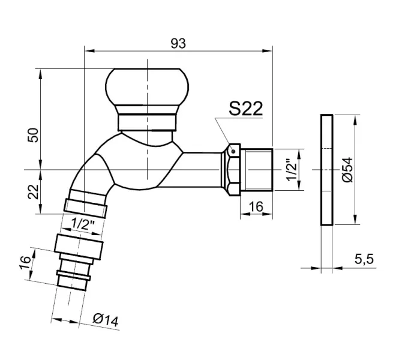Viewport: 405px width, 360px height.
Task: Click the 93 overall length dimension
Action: pyautogui.click(x=178, y=43)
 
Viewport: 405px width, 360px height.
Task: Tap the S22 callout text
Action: pyautogui.click(x=246, y=108)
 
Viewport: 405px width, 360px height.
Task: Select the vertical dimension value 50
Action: pyautogui.click(x=34, y=134)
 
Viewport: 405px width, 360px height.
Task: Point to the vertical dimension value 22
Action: pyautogui.click(x=34, y=191)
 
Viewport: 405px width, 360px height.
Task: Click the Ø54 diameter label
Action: pyautogui.click(x=346, y=171)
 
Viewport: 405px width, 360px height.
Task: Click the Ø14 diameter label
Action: pyautogui.click(x=106, y=320)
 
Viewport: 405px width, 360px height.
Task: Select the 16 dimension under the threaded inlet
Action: pyautogui.click(x=256, y=206)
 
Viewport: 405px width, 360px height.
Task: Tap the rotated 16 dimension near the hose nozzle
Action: pyautogui.click(x=25, y=262)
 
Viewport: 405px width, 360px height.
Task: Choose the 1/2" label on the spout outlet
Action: pyautogui.click(x=83, y=224)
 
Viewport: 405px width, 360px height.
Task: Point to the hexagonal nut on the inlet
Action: pyautogui.click(x=233, y=169)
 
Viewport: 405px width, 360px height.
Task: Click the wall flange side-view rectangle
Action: pyautogui.click(x=326, y=170)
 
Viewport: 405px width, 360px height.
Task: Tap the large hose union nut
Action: pyautogui.click(x=80, y=244)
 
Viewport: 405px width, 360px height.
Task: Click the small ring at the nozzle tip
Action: pyautogui.click(x=73, y=280)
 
